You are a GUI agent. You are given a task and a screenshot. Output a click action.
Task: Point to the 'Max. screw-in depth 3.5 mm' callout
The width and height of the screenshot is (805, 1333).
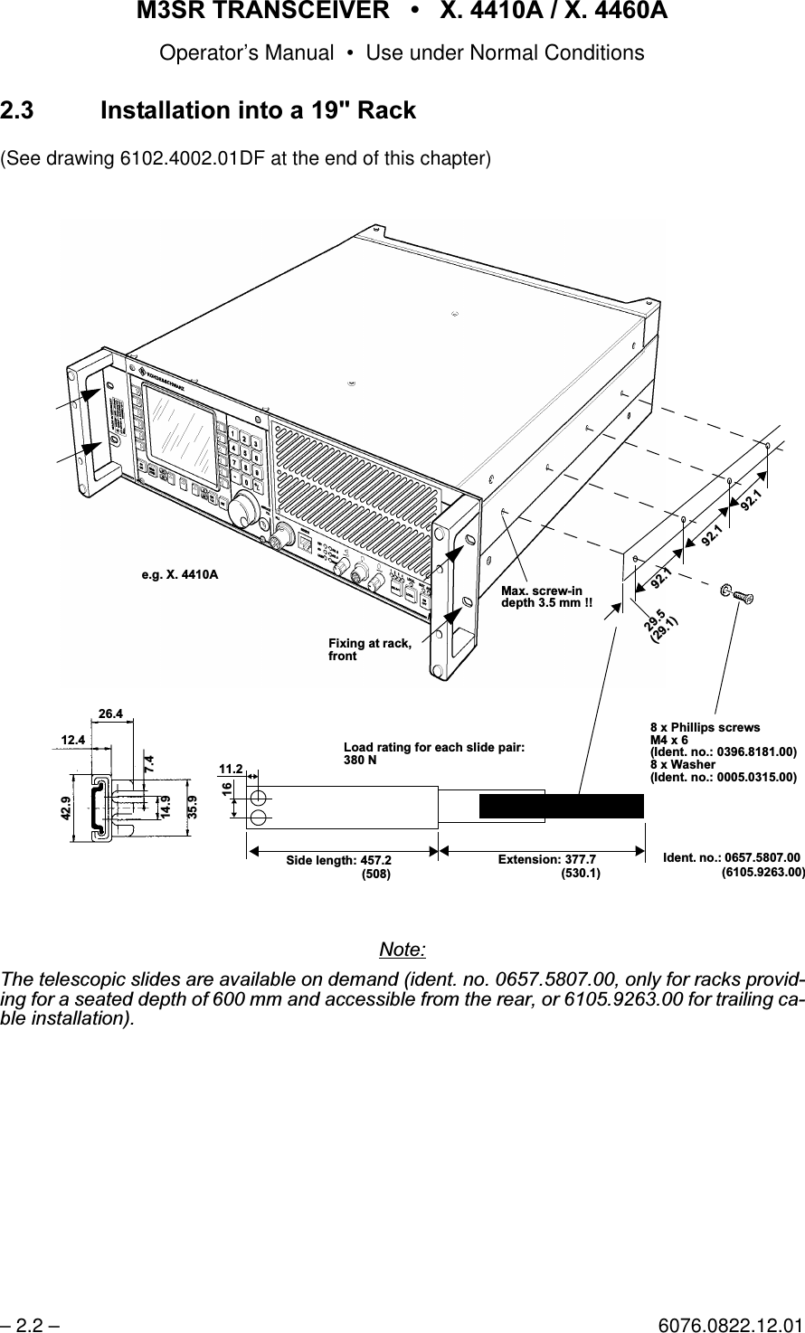(x=547, y=597)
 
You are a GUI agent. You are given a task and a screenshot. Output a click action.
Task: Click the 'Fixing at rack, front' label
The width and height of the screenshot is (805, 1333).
(x=369, y=649)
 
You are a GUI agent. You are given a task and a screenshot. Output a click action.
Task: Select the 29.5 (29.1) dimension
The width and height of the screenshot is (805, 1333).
(x=661, y=624)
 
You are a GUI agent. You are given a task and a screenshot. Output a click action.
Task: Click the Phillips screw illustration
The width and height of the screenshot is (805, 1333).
(x=737, y=594)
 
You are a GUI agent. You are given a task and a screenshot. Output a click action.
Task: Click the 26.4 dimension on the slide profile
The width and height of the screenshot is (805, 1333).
(x=111, y=714)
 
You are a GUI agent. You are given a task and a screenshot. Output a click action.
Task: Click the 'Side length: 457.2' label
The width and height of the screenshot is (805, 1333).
(x=339, y=859)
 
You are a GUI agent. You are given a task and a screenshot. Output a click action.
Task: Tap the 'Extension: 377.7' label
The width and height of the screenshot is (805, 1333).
(x=546, y=859)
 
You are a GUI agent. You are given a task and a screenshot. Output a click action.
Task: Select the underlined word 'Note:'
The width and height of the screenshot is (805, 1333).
(x=402, y=950)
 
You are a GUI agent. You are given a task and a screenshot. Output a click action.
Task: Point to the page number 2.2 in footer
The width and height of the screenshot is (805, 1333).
(x=31, y=1324)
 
